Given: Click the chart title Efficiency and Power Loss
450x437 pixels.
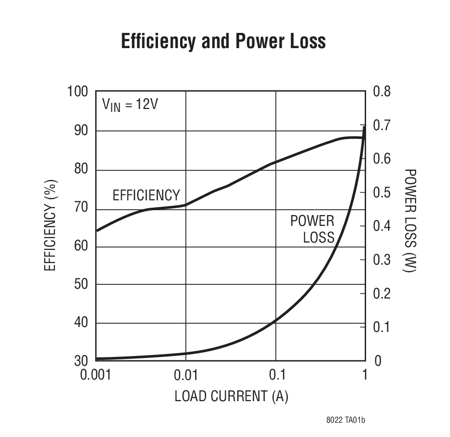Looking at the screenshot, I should point(223,42).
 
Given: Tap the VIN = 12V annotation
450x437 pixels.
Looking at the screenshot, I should point(130,105).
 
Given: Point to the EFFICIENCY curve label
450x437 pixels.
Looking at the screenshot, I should point(146,195).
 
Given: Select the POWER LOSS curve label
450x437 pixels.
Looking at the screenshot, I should point(313,229).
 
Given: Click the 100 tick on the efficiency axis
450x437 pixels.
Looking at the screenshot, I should point(78,92).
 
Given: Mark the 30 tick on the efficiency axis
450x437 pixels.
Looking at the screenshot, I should point(81,361).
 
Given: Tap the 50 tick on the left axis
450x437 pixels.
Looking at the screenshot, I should point(81,284).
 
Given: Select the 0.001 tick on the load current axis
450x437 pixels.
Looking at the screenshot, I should point(96,375).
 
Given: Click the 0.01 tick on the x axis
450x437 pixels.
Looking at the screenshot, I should point(185,375).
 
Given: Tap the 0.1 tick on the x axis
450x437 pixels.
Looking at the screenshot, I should point(276,375).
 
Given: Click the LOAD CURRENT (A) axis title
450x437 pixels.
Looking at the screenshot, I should point(231,396).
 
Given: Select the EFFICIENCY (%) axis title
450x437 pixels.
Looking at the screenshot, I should point(51,226).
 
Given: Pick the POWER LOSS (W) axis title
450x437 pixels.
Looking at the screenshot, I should point(410,221).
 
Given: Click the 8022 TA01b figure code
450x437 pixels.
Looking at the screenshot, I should point(346,420).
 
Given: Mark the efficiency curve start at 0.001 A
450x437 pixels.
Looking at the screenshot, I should point(97,230).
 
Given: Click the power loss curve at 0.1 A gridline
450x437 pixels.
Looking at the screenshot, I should point(276,321).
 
